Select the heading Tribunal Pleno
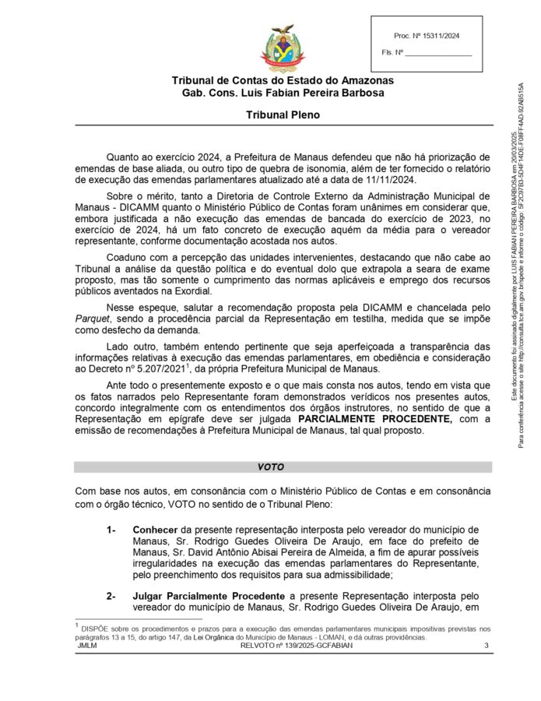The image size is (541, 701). (x=283, y=114)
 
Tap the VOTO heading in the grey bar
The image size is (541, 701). (x=270, y=467)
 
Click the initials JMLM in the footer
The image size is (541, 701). (x=87, y=645)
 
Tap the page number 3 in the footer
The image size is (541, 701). (x=486, y=645)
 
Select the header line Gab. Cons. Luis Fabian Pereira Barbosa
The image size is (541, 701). (x=283, y=93)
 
